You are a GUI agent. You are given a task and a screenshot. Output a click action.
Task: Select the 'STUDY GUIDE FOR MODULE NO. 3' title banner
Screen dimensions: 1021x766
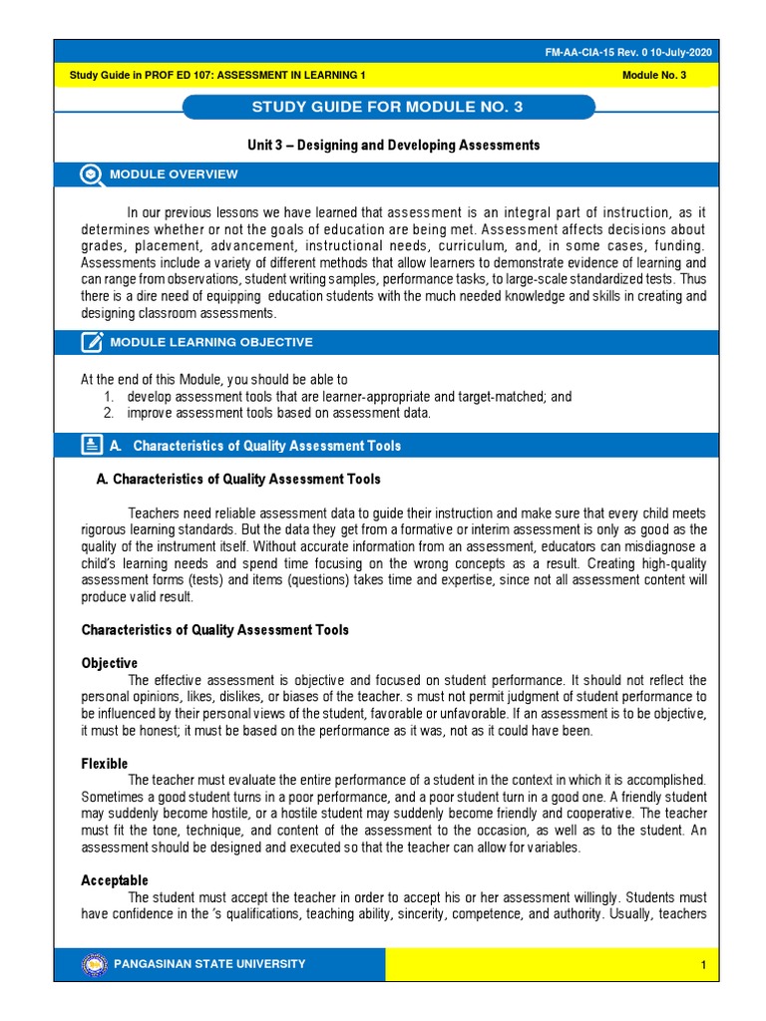coord(389,107)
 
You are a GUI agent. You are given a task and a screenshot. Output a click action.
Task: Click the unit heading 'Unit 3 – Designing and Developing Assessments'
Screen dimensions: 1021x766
coord(393,145)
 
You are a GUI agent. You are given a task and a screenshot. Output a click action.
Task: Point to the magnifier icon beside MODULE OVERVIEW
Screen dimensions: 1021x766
coord(92,174)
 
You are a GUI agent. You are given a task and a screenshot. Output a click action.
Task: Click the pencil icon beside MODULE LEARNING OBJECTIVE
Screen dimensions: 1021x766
coord(92,342)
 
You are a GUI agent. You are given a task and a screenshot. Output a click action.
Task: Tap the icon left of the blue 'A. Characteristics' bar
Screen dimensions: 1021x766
coord(92,445)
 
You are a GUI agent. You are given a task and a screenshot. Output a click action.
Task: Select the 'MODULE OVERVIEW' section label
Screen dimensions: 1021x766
coord(175,174)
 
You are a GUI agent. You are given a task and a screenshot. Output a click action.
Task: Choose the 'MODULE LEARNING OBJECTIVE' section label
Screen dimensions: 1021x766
coord(211,342)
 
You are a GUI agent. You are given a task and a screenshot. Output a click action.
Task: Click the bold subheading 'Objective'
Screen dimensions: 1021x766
coord(109,663)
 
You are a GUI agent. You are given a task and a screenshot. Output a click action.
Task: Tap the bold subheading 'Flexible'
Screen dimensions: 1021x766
coord(104,764)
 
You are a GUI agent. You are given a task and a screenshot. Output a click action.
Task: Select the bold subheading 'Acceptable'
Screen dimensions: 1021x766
coord(114,880)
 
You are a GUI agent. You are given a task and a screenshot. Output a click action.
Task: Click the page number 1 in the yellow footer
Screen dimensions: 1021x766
coord(703,965)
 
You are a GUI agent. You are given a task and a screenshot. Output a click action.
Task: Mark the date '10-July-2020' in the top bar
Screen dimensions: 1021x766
coord(681,53)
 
